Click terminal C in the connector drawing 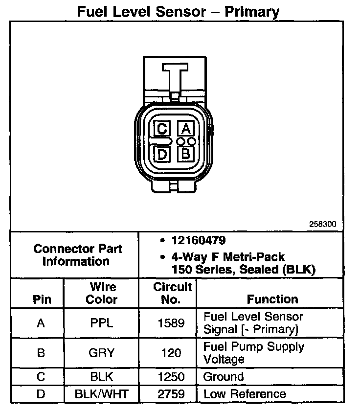pyautogui.click(x=162, y=129)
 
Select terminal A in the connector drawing pyautogui.click(x=186, y=129)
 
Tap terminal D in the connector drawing pyautogui.click(x=162, y=154)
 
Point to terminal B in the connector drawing pyautogui.click(x=186, y=154)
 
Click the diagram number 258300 pyautogui.click(x=323, y=225)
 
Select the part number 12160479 pyautogui.click(x=198, y=241)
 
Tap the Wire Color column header pyautogui.click(x=102, y=293)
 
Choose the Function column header pyautogui.click(x=272, y=299)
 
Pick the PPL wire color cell pyautogui.click(x=102, y=323)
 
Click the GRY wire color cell pyautogui.click(x=102, y=353)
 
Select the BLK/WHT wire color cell pyautogui.click(x=102, y=394)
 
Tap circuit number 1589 pyautogui.click(x=171, y=323)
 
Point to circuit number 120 pyautogui.click(x=171, y=353)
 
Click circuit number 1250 pyautogui.click(x=171, y=377)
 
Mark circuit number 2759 pyautogui.click(x=171, y=394)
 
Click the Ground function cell pyautogui.click(x=224, y=377)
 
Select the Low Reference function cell pyautogui.click(x=245, y=394)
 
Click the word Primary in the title pyautogui.click(x=252, y=11)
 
